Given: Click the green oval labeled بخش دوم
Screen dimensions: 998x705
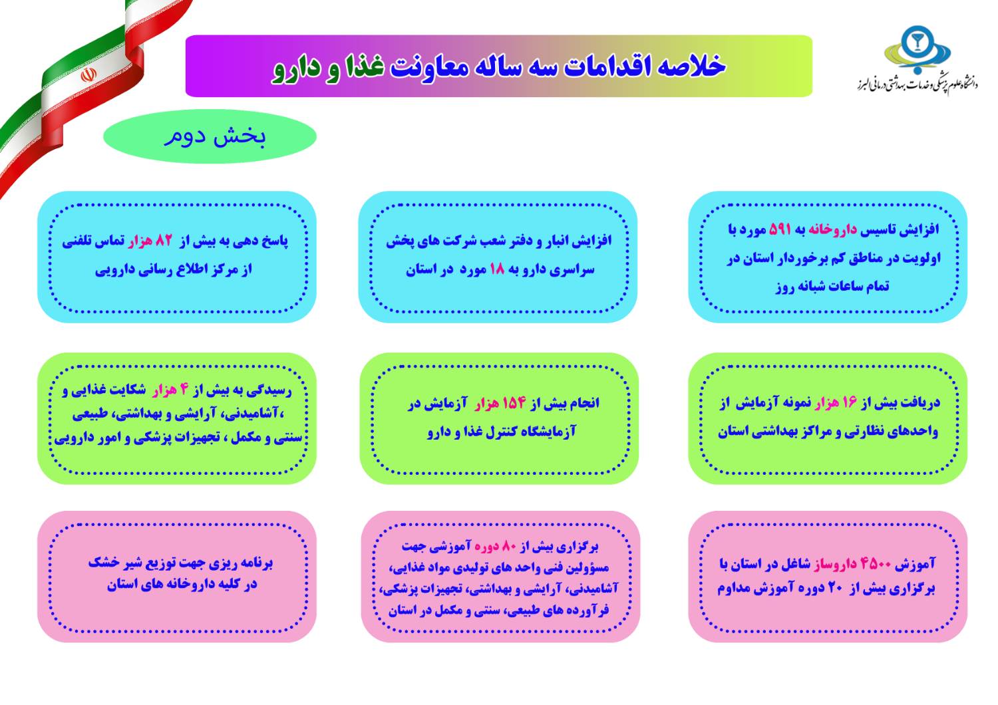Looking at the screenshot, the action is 210,136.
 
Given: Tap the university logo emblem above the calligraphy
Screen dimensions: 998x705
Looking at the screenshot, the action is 917,50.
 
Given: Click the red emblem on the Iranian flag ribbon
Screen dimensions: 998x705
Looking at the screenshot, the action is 88,74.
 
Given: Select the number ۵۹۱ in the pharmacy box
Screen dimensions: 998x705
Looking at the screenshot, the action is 780,229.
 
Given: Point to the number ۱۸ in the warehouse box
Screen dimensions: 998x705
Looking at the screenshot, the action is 497,269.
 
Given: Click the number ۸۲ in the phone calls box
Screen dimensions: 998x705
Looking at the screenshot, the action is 164,241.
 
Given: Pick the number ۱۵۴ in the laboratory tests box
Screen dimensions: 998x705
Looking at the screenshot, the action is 514,403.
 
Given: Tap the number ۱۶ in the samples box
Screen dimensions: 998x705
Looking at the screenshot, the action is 850,402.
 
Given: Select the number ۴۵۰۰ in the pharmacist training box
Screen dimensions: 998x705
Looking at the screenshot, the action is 876,564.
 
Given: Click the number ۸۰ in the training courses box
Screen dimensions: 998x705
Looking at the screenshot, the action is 509,547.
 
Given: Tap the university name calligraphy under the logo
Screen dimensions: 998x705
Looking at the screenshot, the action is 917,84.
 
